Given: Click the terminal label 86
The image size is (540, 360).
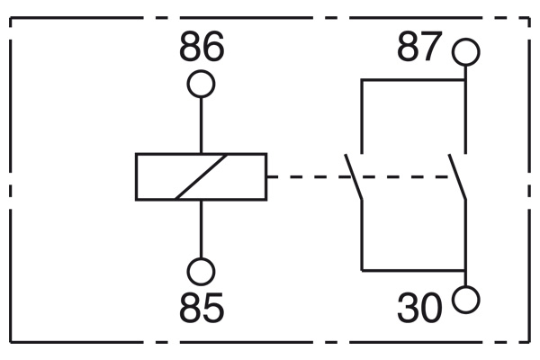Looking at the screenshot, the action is pos(202,47).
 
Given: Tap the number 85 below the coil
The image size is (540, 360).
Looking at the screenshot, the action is pos(202,307).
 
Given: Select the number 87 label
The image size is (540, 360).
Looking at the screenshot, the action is pos(419,47).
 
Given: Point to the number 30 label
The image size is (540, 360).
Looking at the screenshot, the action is pos(419,308).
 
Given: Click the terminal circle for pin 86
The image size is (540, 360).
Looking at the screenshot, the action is pos(201,71).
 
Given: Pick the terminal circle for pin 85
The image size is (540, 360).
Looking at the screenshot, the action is pos(201,258).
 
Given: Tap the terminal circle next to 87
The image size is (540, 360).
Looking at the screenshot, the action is pos(465,39).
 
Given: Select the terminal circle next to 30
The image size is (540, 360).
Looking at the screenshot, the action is pos(465,286).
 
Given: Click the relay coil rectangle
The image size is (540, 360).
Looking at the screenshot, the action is pos(137,176).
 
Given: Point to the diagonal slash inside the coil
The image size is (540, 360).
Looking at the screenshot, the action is pos(201,176).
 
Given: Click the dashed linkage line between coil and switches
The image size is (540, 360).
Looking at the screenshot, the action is pos(358,176).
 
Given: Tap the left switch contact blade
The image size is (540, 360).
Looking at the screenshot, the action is pos(354,177).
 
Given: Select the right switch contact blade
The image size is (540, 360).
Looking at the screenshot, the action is pos(457,177).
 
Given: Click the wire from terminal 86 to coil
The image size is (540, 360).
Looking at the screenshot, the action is pos(201,125).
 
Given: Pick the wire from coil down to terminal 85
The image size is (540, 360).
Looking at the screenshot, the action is pos(201,229).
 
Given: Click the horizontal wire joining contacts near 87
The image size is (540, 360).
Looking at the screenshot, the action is pos(413,80).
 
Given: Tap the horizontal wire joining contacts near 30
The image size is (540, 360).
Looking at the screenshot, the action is pos(413,270).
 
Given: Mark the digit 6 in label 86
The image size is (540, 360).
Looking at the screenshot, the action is pos(213,47).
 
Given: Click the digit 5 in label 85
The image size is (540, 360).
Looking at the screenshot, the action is pos(213,307).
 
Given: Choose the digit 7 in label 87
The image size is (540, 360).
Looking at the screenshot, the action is pos(431,47).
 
